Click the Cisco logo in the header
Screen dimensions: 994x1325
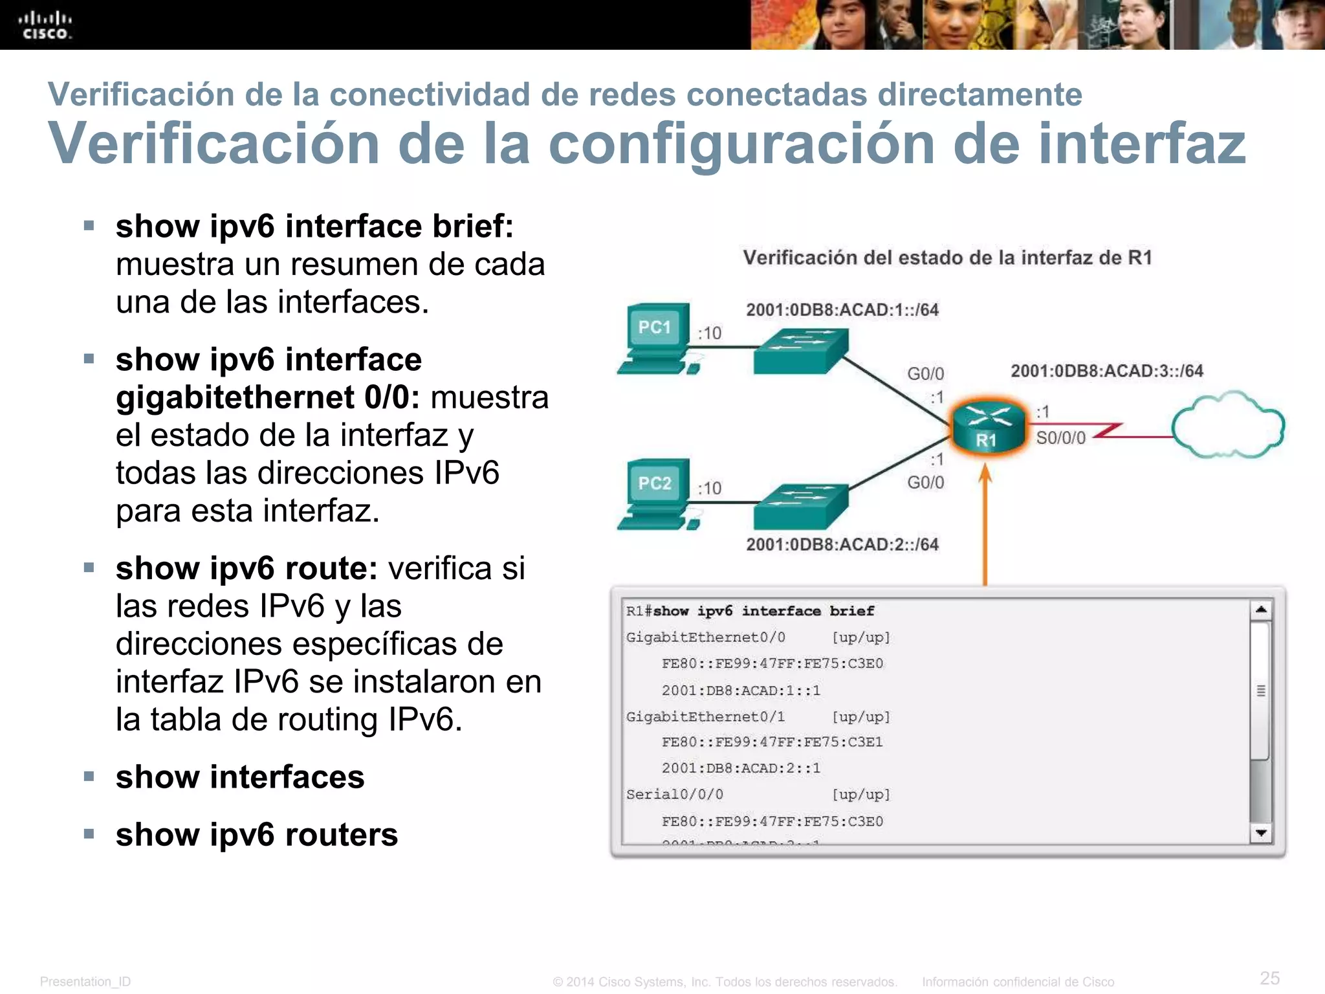click(45, 25)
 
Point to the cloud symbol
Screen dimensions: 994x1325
click(1227, 425)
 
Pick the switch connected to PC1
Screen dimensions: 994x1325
click(801, 350)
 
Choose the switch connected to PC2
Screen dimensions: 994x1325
click(801, 505)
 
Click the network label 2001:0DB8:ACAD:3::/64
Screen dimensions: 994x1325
click(1106, 371)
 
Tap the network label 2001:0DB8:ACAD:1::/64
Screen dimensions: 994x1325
click(842, 309)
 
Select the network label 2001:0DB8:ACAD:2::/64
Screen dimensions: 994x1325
click(842, 544)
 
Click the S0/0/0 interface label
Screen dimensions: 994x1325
click(1060, 438)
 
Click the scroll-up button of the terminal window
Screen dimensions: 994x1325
click(1261, 610)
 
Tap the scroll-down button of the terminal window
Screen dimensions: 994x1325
click(1261, 833)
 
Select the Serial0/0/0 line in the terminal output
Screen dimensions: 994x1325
click(675, 795)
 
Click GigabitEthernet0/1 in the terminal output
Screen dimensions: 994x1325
click(705, 717)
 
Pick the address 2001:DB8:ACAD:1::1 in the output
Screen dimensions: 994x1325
click(741, 690)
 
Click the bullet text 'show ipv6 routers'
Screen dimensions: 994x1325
click(257, 834)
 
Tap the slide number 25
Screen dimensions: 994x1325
click(1269, 978)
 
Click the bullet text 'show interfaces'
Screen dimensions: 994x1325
click(240, 777)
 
